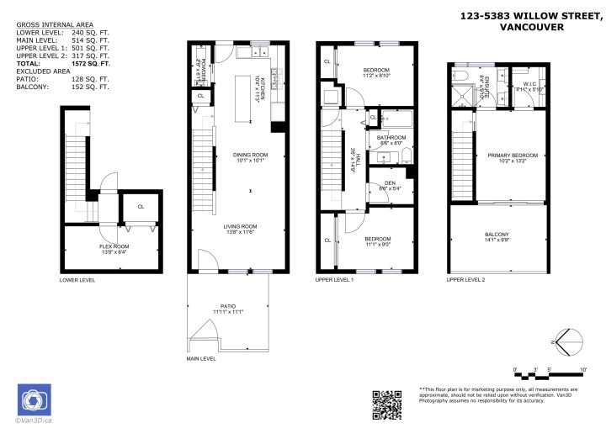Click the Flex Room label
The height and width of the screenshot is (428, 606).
[x=114, y=246]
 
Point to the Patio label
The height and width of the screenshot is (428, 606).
[x=227, y=309]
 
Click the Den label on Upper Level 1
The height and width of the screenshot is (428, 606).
[x=391, y=183]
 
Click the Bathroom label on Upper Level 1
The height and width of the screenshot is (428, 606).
[x=391, y=138]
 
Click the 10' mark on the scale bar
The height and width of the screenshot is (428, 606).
[x=583, y=369]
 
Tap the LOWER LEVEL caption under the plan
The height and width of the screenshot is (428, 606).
[x=77, y=279]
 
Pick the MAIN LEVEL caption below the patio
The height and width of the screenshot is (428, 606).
[x=201, y=358]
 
